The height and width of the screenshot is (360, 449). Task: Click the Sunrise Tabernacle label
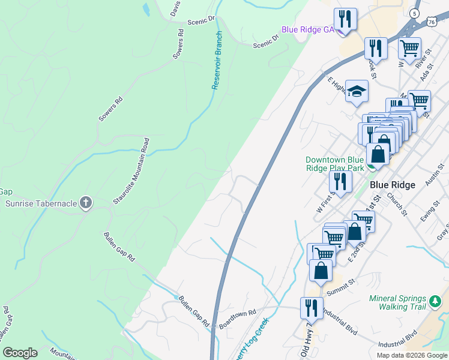pyautogui.click(x=41, y=203)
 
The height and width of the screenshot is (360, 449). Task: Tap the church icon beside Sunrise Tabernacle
pyautogui.click(x=86, y=203)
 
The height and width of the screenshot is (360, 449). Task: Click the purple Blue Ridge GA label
pyautogui.click(x=308, y=29)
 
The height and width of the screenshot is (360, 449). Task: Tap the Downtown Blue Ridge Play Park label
pyautogui.click(x=334, y=164)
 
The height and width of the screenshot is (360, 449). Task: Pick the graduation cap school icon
pyautogui.click(x=357, y=92)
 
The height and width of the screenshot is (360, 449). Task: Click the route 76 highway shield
pyautogui.click(x=432, y=21)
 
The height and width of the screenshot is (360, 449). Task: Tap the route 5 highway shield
pyautogui.click(x=415, y=13)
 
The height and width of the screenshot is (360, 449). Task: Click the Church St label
pyautogui.click(x=397, y=203)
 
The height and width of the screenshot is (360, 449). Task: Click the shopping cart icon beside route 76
pyautogui.click(x=409, y=47)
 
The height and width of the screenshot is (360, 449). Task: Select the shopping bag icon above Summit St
pyautogui.click(x=321, y=270)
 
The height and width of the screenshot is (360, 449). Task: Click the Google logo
pyautogui.click(x=20, y=353)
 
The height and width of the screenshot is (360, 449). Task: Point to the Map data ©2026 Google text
pyautogui.click(x=411, y=355)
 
